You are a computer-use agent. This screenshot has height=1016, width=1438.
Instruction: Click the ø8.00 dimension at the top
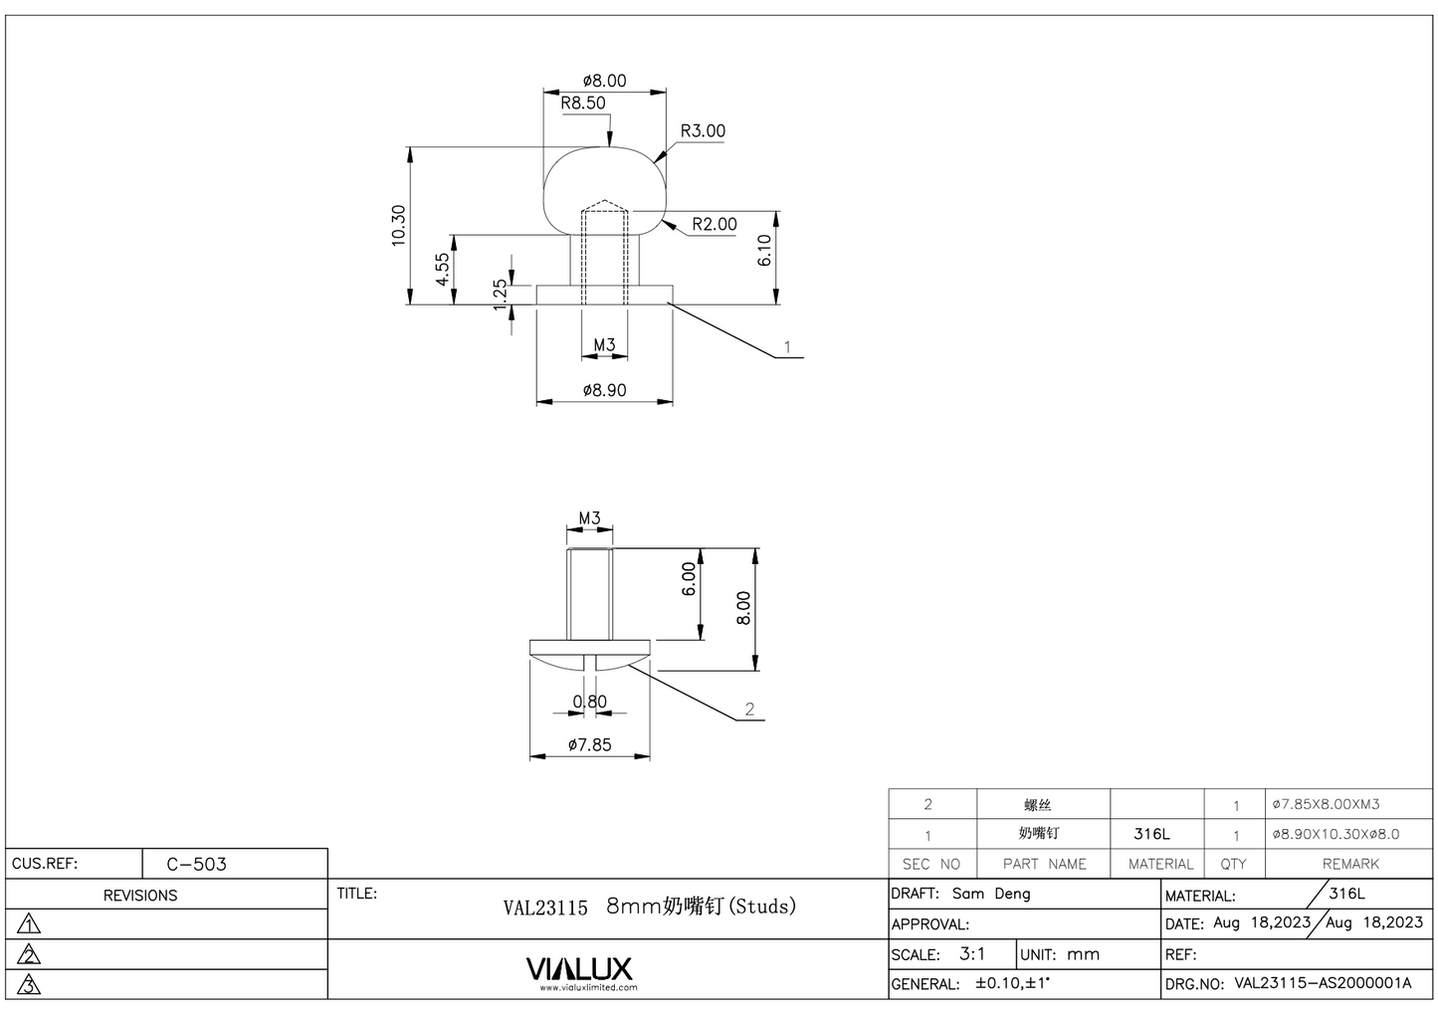pos(604,81)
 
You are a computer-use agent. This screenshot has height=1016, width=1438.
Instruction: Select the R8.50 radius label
pos(582,102)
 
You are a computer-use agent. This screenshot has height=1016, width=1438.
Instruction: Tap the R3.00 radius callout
pos(703,131)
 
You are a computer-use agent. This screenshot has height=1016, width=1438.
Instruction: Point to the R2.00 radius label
pos(715,224)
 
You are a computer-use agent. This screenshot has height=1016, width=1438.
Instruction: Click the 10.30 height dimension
pos(398,225)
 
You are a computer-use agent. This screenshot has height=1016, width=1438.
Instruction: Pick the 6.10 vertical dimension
pos(764,250)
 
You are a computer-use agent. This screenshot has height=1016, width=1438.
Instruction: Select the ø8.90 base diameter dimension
pos(604,390)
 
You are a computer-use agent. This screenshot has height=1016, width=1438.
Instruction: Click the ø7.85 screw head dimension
pos(589,744)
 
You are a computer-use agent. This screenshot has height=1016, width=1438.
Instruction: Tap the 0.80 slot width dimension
pos(589,702)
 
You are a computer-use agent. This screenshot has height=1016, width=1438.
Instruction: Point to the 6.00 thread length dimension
pos(689,579)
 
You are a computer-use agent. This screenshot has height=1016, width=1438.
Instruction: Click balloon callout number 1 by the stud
pos(787,347)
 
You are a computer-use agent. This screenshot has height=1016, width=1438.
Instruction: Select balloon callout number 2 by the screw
pos(749,710)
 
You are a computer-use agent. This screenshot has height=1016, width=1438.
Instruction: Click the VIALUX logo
pos(578,968)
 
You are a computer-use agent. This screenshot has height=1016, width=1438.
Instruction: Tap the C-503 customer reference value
pos(196,864)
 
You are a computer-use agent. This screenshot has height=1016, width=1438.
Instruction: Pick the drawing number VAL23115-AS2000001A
pos(1323,983)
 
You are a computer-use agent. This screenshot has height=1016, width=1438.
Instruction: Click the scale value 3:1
pos(972,953)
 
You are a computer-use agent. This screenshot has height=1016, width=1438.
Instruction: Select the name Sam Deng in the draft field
pos(991,894)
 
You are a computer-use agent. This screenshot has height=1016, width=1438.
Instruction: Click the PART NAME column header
pos(1044,864)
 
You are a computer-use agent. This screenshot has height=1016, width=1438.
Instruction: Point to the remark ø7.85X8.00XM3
pos(1326,804)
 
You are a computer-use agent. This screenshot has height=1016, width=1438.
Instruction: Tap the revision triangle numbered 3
pos(30,985)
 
